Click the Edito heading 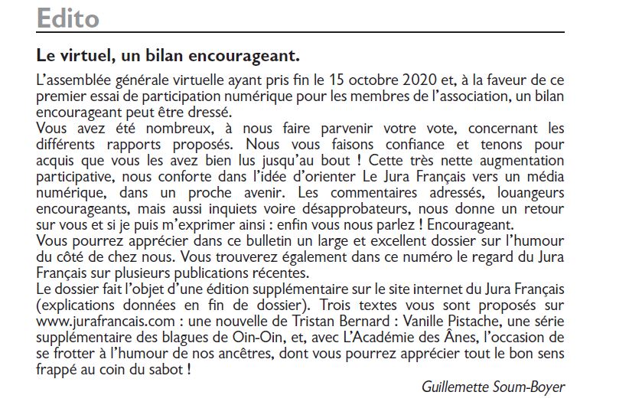(68, 18)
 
